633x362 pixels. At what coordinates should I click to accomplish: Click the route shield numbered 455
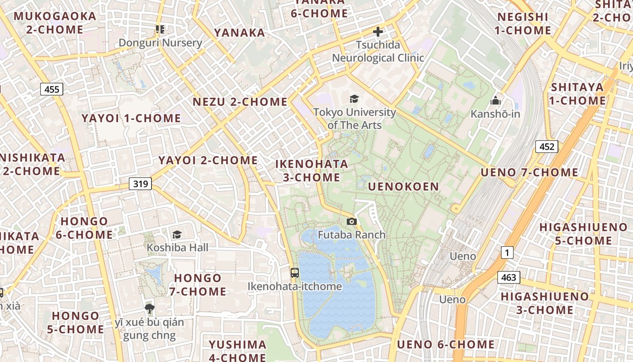point(52,89)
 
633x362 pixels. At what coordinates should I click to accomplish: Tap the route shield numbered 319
point(140,184)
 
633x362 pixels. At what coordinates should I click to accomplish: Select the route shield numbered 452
point(547,147)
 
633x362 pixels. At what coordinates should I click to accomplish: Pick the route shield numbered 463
point(509,277)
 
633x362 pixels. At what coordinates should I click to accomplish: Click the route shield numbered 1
point(507,253)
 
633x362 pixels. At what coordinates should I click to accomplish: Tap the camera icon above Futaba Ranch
point(351,221)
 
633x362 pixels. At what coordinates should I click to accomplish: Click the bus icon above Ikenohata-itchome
point(295,272)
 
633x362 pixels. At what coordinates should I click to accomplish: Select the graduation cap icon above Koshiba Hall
point(177,234)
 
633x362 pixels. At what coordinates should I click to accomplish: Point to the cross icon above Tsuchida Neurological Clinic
point(378,32)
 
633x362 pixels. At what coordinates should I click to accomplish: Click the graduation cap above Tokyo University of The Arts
point(354,99)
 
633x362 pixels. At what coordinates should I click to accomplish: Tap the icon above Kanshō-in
point(496,100)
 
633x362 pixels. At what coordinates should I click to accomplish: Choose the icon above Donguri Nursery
point(160,29)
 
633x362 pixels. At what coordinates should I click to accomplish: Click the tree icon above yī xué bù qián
point(149,309)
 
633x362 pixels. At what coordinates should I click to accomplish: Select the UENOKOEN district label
point(403,186)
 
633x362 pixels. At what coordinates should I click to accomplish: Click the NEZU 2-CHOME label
point(240,102)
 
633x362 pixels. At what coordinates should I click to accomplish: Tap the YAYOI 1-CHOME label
point(131,119)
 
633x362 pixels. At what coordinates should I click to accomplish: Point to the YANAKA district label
point(240,33)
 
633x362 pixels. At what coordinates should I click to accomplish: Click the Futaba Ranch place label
point(351,234)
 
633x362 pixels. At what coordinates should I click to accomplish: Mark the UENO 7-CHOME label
point(529,172)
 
